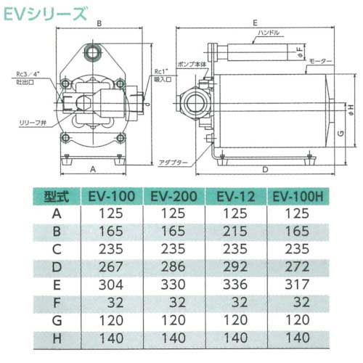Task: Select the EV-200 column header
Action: pyautogui.click(x=172, y=196)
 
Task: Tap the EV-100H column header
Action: pyautogui.click(x=299, y=196)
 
